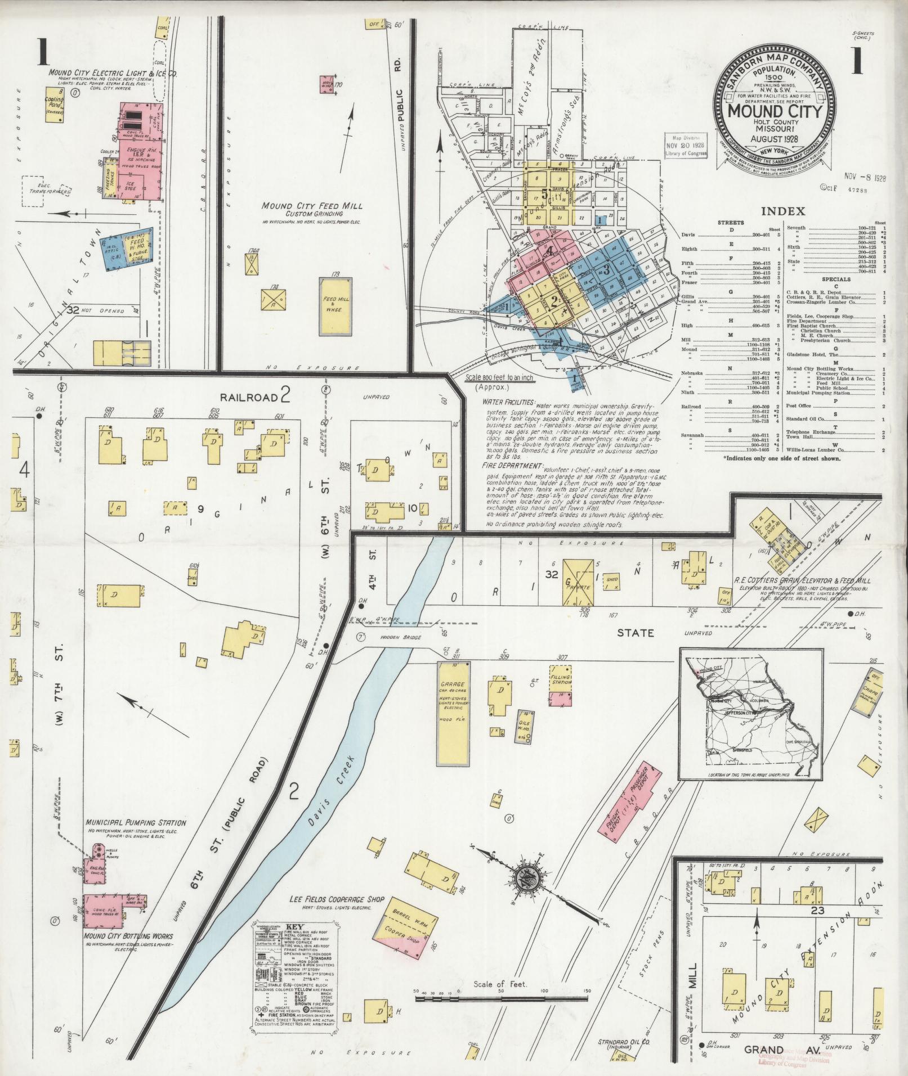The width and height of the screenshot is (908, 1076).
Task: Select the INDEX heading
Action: [x=782, y=211]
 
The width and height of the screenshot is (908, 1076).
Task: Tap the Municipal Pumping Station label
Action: [x=136, y=823]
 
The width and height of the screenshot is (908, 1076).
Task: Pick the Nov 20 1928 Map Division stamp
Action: [x=685, y=148]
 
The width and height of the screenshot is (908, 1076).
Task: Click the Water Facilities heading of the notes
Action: [x=508, y=403]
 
